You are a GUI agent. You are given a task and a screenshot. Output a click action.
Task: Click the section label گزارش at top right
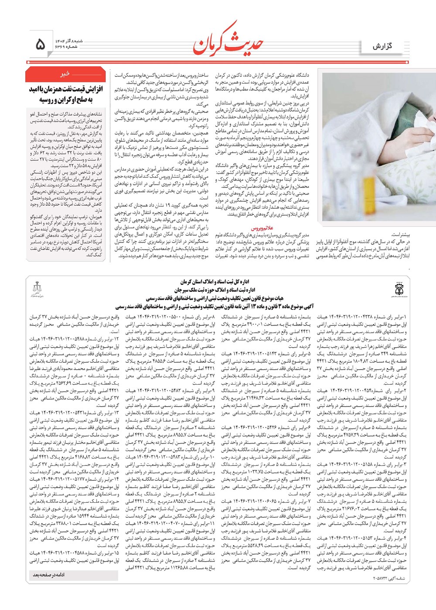pos(382,46)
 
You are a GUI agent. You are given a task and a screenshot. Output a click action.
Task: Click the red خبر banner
pos(65,74)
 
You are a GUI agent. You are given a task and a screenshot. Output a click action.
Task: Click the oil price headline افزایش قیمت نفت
pos(65,89)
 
